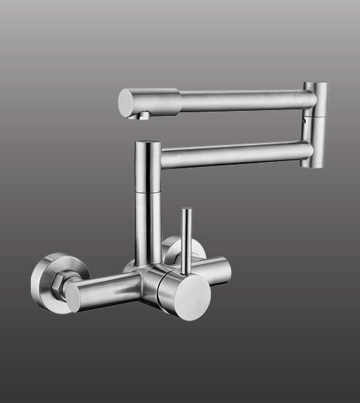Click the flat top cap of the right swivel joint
click(x=315, y=86)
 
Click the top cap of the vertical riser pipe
click(x=148, y=143)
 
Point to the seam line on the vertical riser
click(x=148, y=191)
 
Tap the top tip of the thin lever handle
click(x=186, y=211)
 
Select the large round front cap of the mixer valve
click(x=191, y=296)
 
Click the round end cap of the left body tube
click(x=73, y=296)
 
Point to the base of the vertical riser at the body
click(x=148, y=261)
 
